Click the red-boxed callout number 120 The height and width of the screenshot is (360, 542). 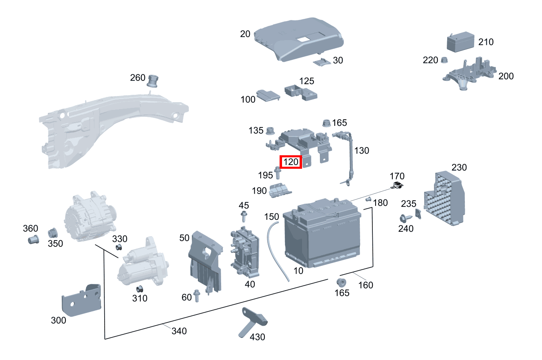[x=290, y=162]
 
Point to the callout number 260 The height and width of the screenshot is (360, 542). [x=137, y=77]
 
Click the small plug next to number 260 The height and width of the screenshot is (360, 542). [x=153, y=80]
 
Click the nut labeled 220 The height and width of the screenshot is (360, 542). [x=445, y=60]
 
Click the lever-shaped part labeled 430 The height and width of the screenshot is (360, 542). [x=252, y=322]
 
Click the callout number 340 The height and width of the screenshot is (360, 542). [x=179, y=331]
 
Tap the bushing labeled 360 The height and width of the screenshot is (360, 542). [x=33, y=239]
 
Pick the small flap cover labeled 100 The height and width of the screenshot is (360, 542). [x=268, y=96]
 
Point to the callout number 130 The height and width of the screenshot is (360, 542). [x=361, y=150]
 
